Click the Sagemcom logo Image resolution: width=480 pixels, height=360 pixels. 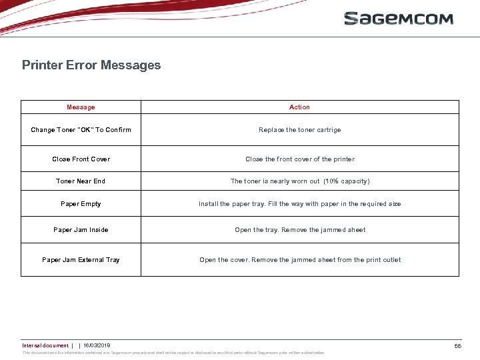pos(399,18)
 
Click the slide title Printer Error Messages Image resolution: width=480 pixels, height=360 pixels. pos(91,65)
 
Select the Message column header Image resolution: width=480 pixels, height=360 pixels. pos(81,107)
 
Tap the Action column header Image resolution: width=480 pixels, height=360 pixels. pos(299,107)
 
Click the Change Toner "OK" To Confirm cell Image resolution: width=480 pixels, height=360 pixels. pos(81,130)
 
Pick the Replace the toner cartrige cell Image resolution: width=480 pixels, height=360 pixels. pos(299,130)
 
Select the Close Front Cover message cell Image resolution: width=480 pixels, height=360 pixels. pos(81,159)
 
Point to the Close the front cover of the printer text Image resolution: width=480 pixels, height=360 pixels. pos(299,159)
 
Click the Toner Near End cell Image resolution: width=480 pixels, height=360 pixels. pos(81,181)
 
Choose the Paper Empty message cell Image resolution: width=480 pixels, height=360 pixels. pos(81,204)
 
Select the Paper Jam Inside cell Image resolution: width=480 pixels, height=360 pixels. pos(81,230)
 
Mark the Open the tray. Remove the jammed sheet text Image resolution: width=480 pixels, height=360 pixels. pos(299,230)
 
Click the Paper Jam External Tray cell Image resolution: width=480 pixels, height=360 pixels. pos(81,260)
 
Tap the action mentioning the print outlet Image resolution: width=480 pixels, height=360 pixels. pos(299,260)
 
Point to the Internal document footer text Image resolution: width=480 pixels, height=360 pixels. pos(45,345)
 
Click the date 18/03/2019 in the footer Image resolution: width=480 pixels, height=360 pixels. pos(97,345)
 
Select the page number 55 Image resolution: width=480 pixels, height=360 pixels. pos(458,346)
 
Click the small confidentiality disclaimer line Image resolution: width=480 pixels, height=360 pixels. pos(173,353)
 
